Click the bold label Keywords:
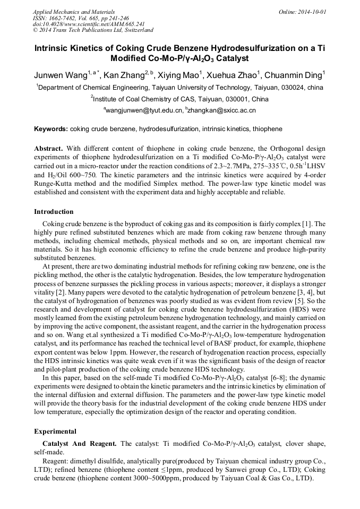pos(51,129)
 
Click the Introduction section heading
pos(54,211)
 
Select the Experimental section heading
pos(55,431)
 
